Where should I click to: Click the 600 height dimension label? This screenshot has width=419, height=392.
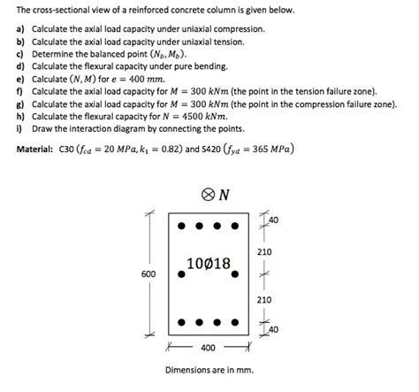coord(149,274)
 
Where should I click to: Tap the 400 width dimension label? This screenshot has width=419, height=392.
coord(207,348)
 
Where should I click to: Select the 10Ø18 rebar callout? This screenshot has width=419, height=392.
coord(209,263)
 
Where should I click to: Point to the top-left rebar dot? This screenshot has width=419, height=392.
coord(181,226)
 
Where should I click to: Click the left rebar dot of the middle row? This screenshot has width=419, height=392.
coord(181,274)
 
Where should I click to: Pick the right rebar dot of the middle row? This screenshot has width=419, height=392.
coord(235,274)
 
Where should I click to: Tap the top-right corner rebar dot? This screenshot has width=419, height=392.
coord(235,226)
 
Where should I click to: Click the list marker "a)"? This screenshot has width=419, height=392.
coord(20,29)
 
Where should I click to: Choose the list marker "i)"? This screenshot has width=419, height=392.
coord(19,133)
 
